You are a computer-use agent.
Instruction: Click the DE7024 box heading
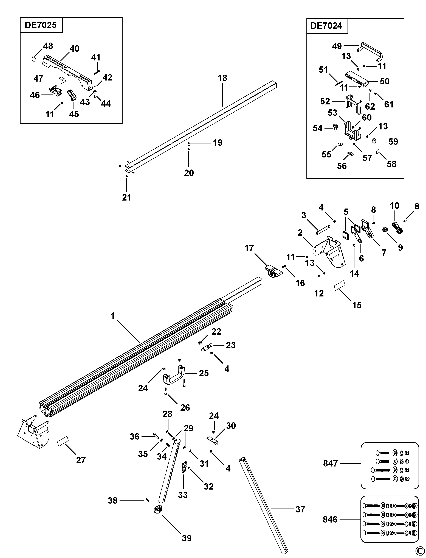(x=326, y=26)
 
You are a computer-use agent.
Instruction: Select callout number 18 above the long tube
(x=222, y=78)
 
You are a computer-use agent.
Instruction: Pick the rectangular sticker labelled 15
(x=340, y=285)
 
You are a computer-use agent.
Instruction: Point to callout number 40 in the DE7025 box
(x=74, y=48)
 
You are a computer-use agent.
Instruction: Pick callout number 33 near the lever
(x=183, y=495)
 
